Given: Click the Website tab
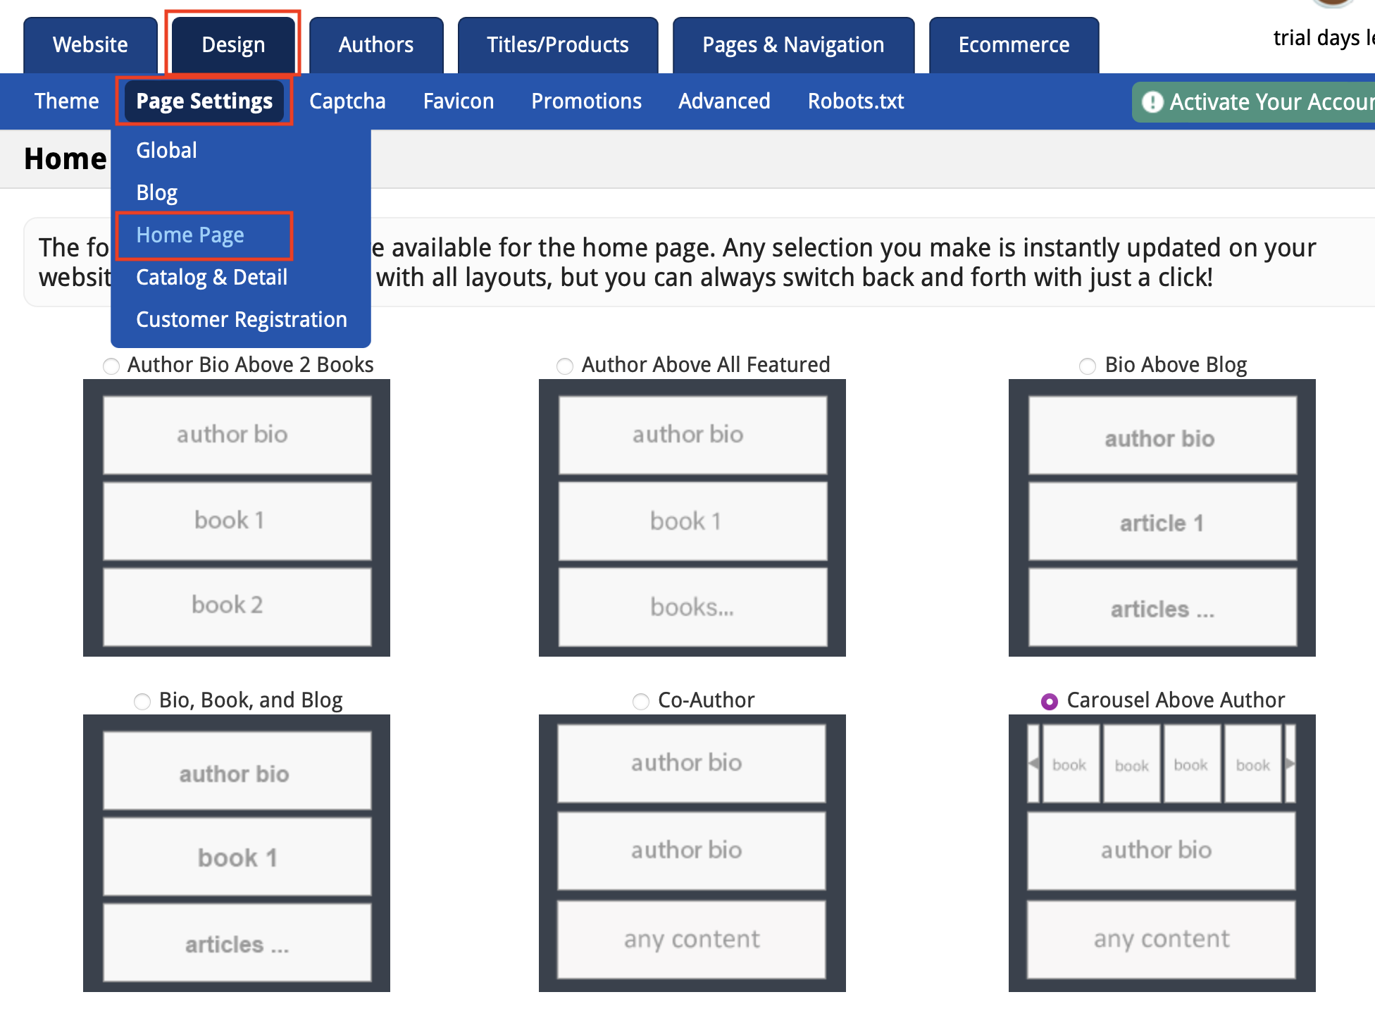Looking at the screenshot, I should [90, 45].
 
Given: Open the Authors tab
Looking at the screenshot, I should [375, 45].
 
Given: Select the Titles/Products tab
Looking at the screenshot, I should [557, 45].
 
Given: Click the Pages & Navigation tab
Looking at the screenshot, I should [793, 45].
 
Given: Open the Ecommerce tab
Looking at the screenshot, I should [1014, 45].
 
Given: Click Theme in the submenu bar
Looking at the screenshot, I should [66, 101].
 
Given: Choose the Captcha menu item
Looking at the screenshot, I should [347, 101].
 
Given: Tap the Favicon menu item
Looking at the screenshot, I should [459, 101].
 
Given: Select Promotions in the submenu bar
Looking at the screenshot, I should [586, 101].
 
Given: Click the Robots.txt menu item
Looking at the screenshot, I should [856, 101].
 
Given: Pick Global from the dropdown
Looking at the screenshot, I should [166, 151].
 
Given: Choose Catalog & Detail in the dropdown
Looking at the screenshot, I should [211, 278].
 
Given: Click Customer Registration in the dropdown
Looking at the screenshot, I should [241, 320].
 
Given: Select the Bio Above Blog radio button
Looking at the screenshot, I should [1088, 366].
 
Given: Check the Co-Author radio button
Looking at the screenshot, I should [641, 701].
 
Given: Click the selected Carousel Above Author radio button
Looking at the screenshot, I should [1050, 701].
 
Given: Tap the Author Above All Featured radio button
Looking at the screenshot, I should [565, 366].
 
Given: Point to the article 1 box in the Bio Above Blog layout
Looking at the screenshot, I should [1162, 523].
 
